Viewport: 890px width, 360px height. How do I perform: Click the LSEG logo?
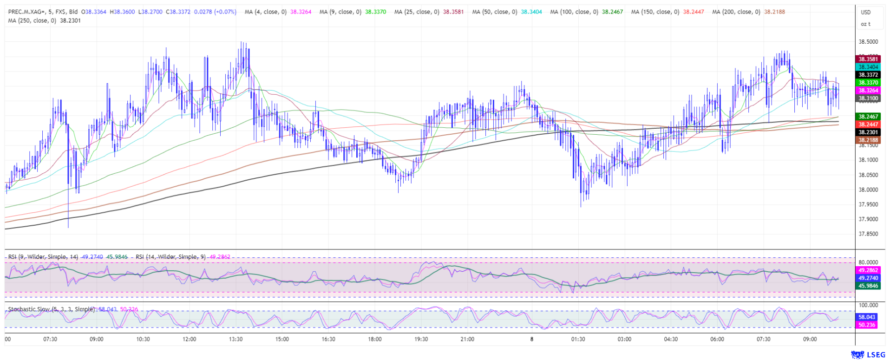pos(868,355)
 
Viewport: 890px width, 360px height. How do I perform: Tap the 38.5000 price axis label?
pos(868,42)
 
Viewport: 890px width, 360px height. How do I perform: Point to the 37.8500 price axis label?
pos(868,234)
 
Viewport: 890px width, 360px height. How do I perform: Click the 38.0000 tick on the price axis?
pos(868,190)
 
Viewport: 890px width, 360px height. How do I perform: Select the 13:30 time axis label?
pos(236,339)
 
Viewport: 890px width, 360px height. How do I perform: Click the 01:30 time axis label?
pos(578,339)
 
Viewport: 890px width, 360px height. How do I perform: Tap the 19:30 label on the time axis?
pos(421,339)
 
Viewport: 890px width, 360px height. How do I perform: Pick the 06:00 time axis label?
pos(717,339)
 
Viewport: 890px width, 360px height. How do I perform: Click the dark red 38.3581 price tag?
pos(868,59)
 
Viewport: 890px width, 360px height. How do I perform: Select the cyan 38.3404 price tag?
pos(868,67)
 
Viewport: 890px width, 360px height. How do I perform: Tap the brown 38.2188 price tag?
pos(868,140)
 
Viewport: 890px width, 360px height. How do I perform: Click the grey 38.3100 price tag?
pos(868,98)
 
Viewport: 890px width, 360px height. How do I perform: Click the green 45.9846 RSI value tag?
pos(868,286)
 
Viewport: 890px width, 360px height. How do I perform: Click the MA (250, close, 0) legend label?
pos(32,20)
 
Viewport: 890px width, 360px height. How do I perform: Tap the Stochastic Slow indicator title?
pos(51,309)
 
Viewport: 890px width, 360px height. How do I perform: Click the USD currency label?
pos(865,12)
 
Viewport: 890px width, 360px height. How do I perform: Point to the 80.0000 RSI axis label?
pos(868,262)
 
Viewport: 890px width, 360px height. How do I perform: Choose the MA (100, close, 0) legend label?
pos(574,12)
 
